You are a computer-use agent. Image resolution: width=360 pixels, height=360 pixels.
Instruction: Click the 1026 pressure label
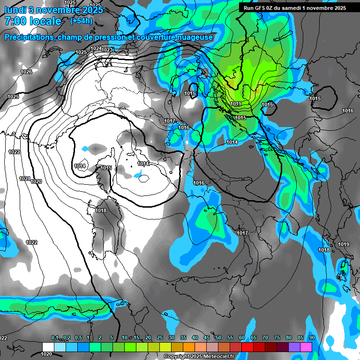(26, 72)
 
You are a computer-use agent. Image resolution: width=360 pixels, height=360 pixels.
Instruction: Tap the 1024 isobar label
(96, 48)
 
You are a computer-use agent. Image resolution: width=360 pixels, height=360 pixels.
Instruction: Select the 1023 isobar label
(107, 50)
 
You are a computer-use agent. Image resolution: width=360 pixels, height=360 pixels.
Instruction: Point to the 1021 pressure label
(25, 179)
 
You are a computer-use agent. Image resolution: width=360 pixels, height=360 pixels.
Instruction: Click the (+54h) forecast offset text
(81, 21)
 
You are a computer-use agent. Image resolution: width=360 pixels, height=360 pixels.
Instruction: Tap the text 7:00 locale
(33, 21)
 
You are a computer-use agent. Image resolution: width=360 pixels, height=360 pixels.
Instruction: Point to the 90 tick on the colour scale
(312, 338)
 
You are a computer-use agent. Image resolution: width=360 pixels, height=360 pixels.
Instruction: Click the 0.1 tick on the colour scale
(54, 338)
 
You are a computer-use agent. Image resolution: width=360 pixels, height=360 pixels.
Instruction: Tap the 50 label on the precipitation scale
(218, 338)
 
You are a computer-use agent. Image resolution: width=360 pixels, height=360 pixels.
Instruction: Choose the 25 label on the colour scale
(160, 338)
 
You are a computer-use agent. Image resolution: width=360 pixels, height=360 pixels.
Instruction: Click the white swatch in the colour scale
(48, 346)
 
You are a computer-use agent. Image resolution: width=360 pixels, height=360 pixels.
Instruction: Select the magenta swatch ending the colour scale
(306, 346)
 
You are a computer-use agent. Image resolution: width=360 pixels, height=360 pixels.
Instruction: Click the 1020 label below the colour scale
(47, 354)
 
